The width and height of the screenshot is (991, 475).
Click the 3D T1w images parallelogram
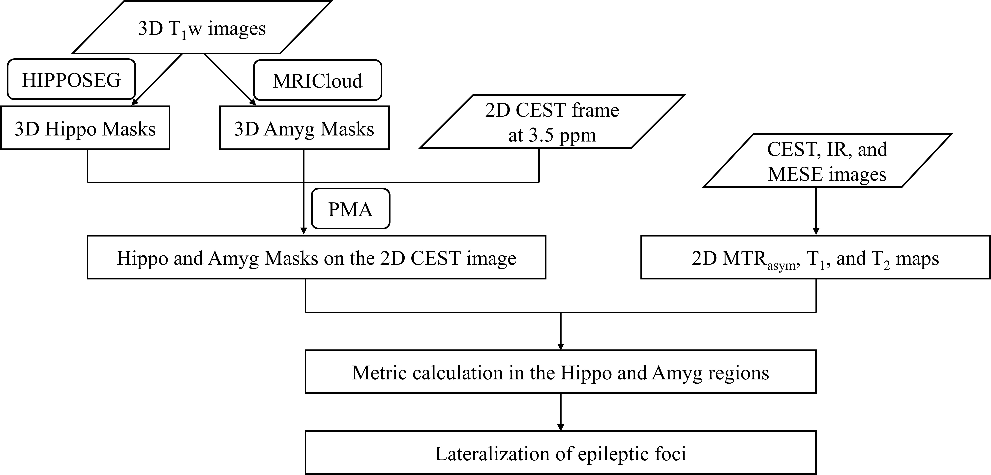(x=202, y=28)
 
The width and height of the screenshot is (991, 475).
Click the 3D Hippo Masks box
(x=85, y=128)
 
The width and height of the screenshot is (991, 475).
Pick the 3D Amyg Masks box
(x=304, y=128)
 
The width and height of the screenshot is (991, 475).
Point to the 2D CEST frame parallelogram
(x=552, y=122)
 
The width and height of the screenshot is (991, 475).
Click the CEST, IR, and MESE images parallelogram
(x=827, y=161)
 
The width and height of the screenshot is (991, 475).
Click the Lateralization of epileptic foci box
(x=561, y=453)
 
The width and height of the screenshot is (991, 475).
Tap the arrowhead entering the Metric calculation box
(x=561, y=346)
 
